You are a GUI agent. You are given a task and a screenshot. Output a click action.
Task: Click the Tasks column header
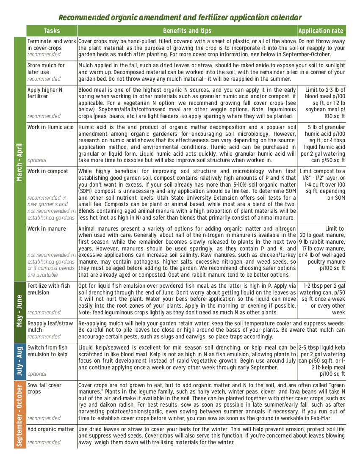pos(52,31)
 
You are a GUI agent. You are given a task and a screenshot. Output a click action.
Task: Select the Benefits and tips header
pos(187,31)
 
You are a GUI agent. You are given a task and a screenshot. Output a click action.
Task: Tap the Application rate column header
pos(321,31)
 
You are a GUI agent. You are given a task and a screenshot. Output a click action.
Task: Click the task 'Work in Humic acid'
pos(50,127)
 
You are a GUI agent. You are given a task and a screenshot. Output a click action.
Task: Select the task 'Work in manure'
pos(47,229)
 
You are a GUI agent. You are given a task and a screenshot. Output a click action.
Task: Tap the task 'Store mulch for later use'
pos(46,69)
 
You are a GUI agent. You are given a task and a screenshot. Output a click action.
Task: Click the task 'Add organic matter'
pos(50,429)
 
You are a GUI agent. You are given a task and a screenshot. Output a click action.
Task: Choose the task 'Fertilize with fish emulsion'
pos(49,289)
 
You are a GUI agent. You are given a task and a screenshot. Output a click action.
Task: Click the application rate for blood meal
pos(321,103)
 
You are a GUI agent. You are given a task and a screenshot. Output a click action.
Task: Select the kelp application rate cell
pos(321,361)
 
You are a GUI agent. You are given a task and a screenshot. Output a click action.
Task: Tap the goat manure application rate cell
pos(321,248)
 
